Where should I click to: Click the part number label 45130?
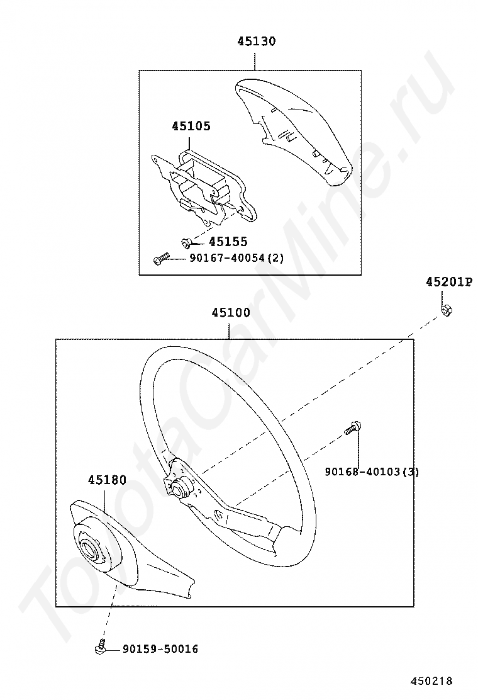coord(257,42)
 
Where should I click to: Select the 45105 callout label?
coord(191,127)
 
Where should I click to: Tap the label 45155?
coord(228,242)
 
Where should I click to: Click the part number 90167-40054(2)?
coord(236,258)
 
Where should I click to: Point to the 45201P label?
coord(448,282)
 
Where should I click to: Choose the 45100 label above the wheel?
coord(231,313)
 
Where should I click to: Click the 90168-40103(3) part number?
coord(372,472)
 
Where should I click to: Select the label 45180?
coord(107,480)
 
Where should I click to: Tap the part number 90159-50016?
coord(160,649)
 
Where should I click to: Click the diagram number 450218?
coord(431,681)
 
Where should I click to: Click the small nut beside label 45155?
coord(186,242)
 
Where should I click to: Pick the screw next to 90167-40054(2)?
coord(161,259)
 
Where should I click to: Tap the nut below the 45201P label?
coord(445,309)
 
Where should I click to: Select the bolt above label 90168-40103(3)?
coord(353,427)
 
